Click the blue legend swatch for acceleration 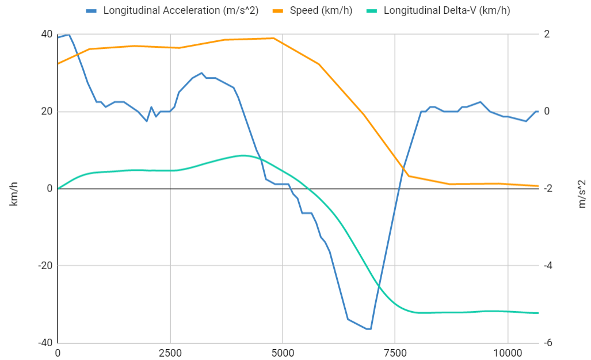pos(91,10)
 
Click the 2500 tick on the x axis pos(170,352)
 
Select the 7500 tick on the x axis pos(395,352)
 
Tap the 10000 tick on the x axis pos(507,352)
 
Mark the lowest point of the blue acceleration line pos(369,329)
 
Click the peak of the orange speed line pos(274,38)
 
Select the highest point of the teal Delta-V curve pos(243,155)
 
